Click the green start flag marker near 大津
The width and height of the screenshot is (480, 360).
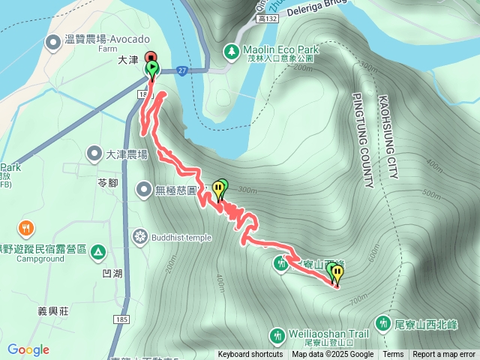(152, 70)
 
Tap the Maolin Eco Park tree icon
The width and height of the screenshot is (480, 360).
(232, 51)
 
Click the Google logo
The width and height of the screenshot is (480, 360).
(28, 349)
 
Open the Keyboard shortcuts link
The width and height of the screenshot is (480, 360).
(250, 355)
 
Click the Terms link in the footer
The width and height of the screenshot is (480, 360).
(393, 355)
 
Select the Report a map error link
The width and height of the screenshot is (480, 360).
(444, 355)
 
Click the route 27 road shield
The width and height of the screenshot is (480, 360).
(182, 70)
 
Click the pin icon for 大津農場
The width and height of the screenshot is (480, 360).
(94, 154)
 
